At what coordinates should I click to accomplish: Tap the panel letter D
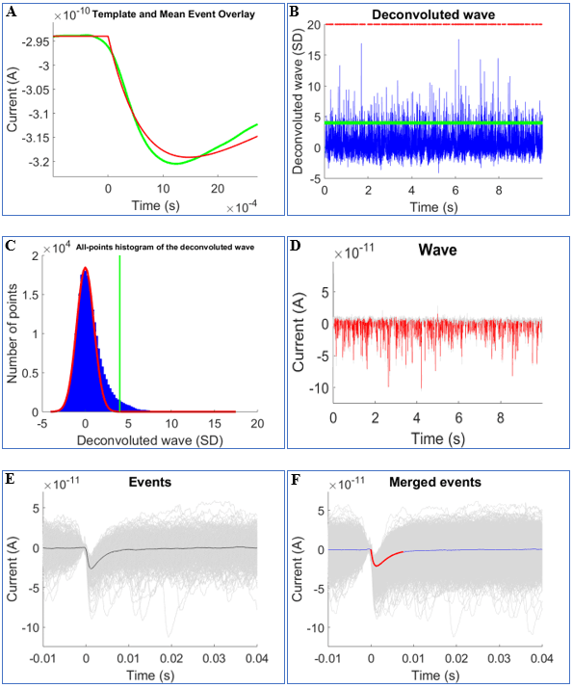pyautogui.click(x=295, y=244)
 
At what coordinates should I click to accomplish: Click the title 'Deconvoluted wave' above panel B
pyautogui.click(x=433, y=16)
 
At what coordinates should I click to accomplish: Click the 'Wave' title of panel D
pyautogui.click(x=433, y=251)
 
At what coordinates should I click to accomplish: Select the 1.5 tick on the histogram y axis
pyautogui.click(x=35, y=295)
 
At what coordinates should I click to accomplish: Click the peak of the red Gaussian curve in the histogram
pyautogui.click(x=86, y=268)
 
